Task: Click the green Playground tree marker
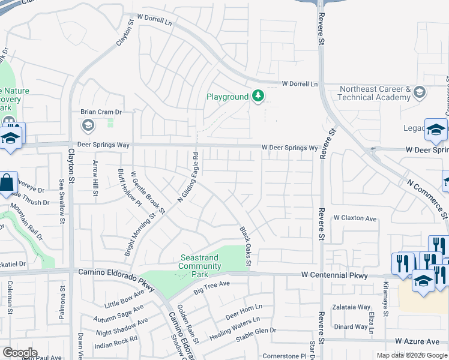point(258,97)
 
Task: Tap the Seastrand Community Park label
point(200,262)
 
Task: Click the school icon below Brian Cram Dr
point(88,125)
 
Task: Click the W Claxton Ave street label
point(355,218)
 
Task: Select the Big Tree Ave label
point(211,288)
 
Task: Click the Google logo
point(19,353)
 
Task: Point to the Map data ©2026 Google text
point(412,355)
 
